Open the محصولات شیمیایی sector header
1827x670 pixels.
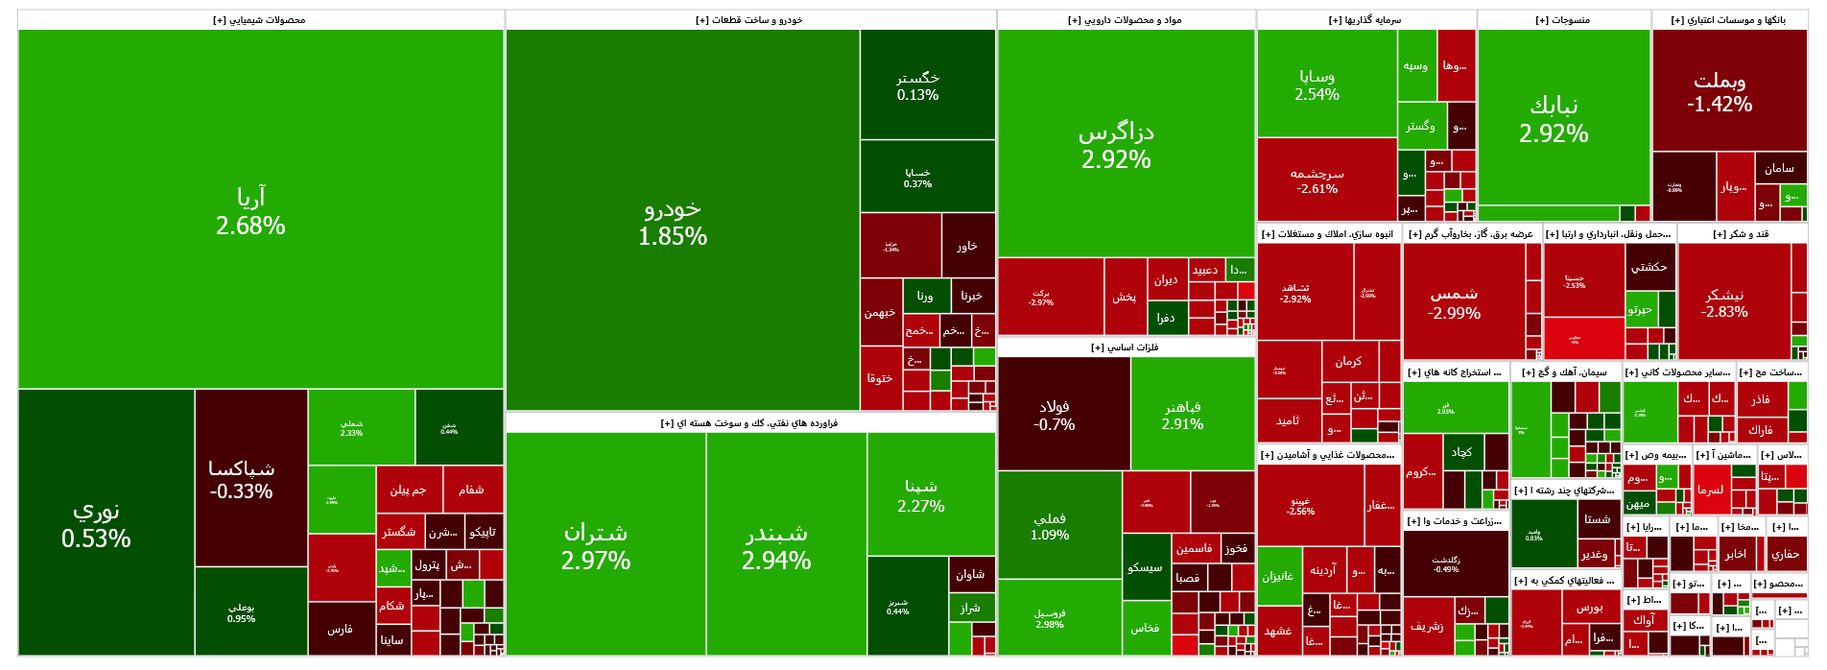[260, 20]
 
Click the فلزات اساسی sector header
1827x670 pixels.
[1126, 347]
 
